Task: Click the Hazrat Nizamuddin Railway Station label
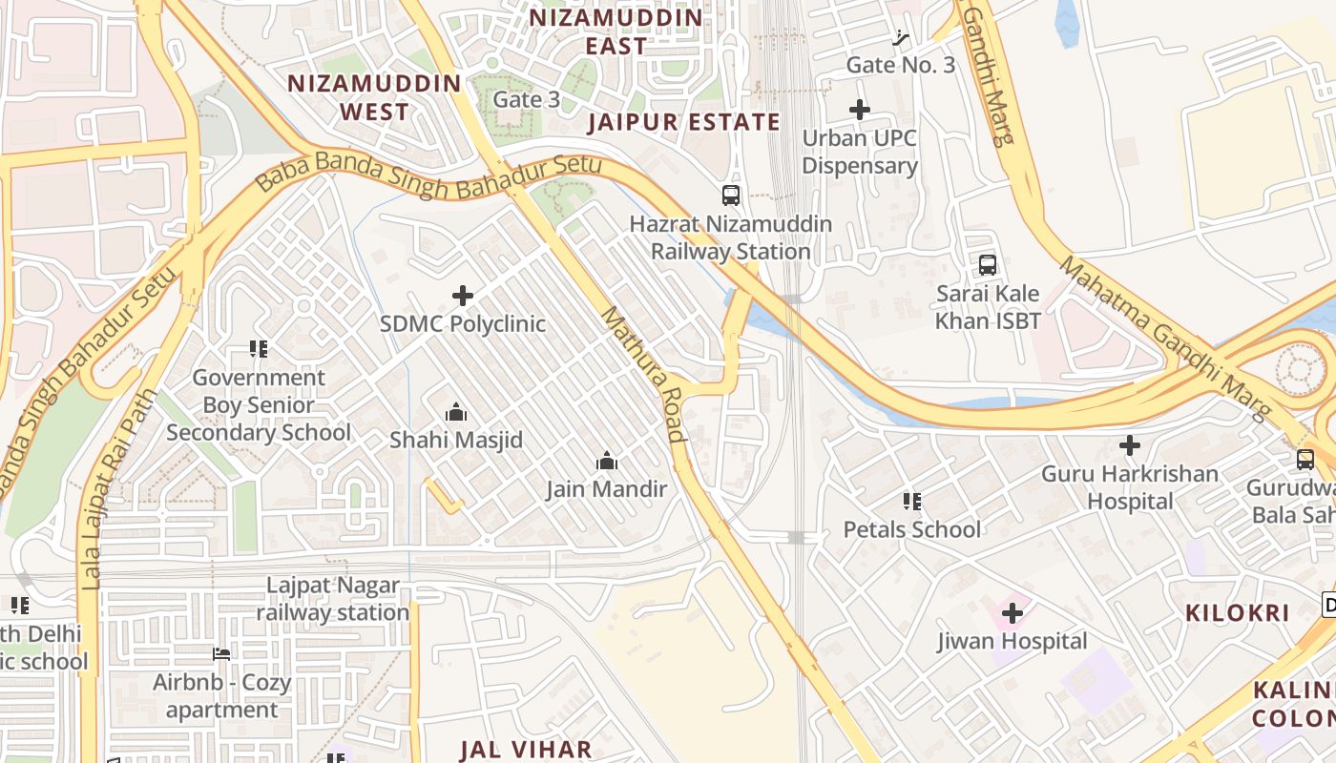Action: (x=731, y=238)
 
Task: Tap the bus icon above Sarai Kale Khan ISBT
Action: (x=988, y=265)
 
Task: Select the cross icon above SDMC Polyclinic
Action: (x=463, y=296)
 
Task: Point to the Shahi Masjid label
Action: (x=456, y=441)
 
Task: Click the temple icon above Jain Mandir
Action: (x=606, y=462)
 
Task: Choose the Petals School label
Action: (x=911, y=529)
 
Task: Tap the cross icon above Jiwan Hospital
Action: (x=1012, y=612)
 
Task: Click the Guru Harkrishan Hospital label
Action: (x=1130, y=487)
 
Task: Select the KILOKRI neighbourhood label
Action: (x=1237, y=613)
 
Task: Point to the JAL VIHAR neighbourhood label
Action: (x=526, y=749)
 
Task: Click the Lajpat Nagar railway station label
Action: (x=333, y=599)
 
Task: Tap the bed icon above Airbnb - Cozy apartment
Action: (x=221, y=654)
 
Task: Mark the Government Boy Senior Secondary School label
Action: (x=259, y=405)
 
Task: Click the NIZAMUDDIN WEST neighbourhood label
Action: (x=375, y=97)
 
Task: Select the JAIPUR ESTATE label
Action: (x=683, y=122)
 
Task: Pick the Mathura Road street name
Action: (x=643, y=375)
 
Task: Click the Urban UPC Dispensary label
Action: (x=859, y=152)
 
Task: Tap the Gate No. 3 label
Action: (x=900, y=65)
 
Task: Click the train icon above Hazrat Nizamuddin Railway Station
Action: (x=731, y=196)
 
